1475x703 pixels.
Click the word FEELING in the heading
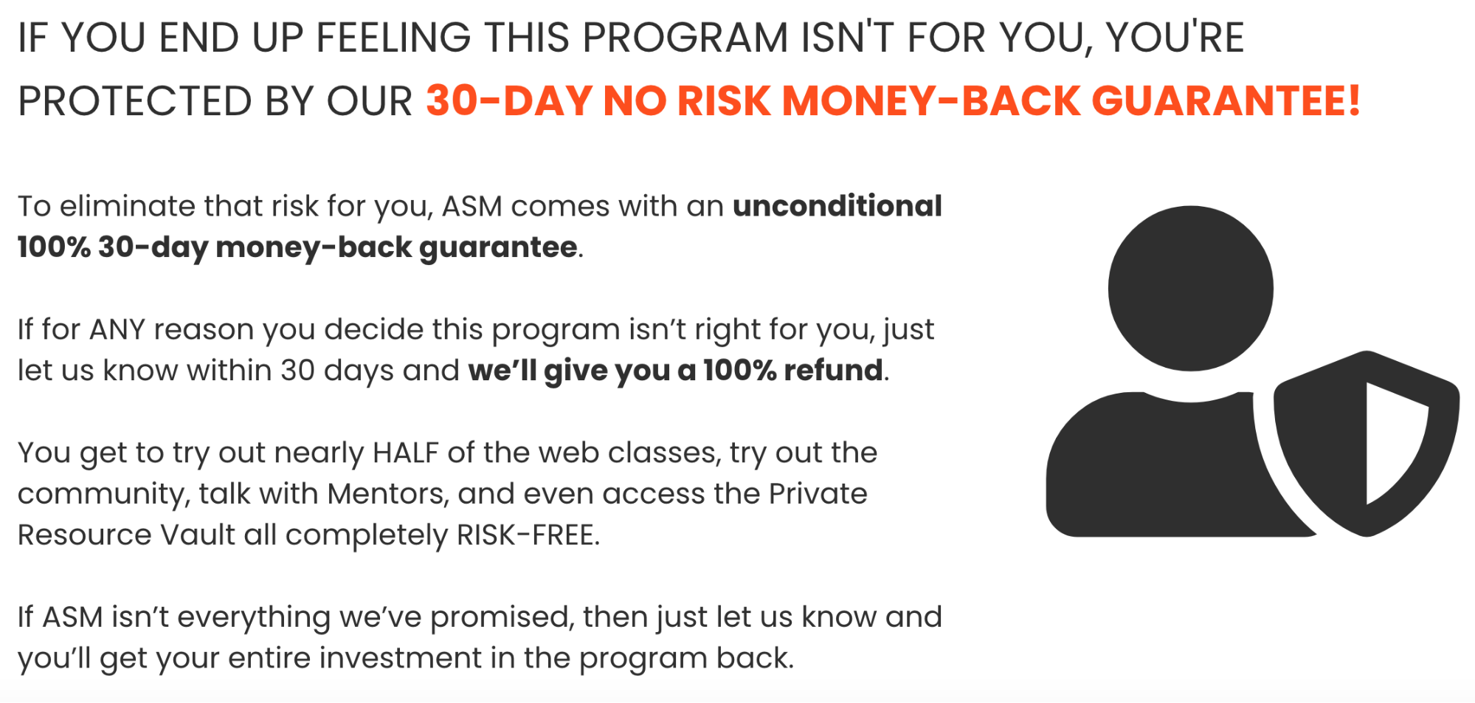[x=393, y=38]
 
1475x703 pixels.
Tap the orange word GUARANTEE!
[x=1226, y=100]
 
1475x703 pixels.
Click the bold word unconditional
[x=837, y=206]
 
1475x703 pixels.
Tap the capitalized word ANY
[x=117, y=329]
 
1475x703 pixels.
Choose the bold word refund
[x=833, y=370]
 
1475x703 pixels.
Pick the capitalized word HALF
[x=406, y=453]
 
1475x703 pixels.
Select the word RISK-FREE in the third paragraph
[x=528, y=535]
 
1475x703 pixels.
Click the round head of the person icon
[x=1190, y=288]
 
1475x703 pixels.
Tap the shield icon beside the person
[x=1366, y=443]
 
